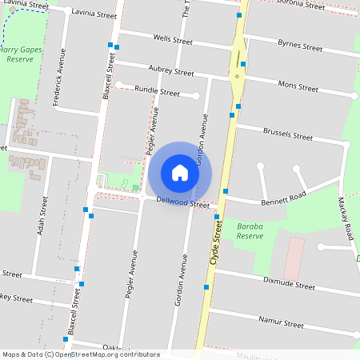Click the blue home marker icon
tap(180, 173)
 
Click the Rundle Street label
tap(158, 91)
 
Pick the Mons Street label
tap(298, 85)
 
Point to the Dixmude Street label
tap(289, 284)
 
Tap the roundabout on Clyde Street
tap(238, 77)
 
